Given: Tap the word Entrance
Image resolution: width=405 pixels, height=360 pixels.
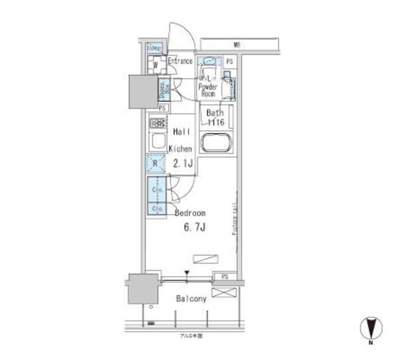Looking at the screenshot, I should coord(180,61).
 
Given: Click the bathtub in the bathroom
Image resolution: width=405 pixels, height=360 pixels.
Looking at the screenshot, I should coord(217,142).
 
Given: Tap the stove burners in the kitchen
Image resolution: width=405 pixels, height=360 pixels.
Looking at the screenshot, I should coord(158,123).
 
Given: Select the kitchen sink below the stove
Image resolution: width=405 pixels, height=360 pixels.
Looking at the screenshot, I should coord(156,139).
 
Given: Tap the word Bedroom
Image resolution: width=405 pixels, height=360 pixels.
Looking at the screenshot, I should coord(190,213).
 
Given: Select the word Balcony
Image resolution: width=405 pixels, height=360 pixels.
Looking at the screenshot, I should coord(192,299).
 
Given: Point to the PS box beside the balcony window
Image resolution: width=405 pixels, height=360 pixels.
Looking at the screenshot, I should coord(225,277).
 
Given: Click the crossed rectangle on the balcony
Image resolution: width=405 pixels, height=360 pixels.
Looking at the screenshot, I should coord(225,292).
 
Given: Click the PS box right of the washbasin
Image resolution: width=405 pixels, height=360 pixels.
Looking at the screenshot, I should coord(229,61).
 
